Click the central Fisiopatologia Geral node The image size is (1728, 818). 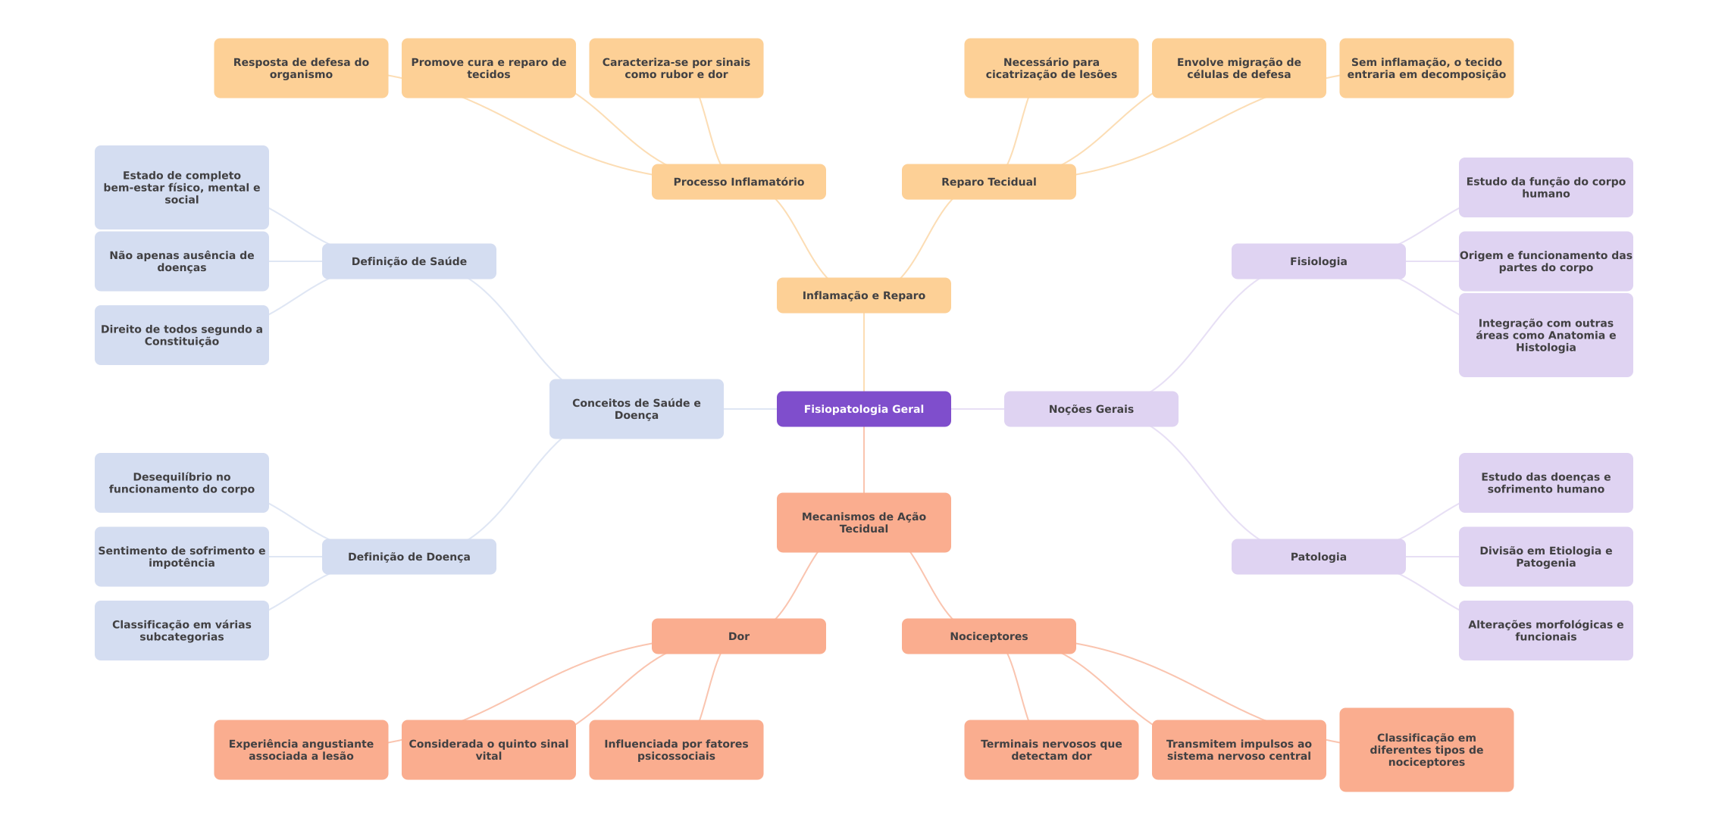pyautogui.click(x=863, y=409)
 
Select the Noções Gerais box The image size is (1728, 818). pyautogui.click(x=1091, y=409)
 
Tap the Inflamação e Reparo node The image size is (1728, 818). pyautogui.click(x=863, y=295)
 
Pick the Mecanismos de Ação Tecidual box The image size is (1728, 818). pyautogui.click(x=863, y=523)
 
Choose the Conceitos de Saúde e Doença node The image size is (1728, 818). pyautogui.click(x=636, y=409)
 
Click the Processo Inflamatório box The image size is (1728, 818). pyautogui.click(x=738, y=182)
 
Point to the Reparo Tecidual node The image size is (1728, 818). pyautogui.click(x=988, y=182)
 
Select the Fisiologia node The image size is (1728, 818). pyautogui.click(x=1318, y=261)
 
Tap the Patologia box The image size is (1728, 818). pyautogui.click(x=1318, y=557)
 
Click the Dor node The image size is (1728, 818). pyautogui.click(x=738, y=636)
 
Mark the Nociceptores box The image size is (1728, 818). pyautogui.click(x=988, y=636)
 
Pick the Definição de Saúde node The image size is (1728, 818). pyautogui.click(x=409, y=261)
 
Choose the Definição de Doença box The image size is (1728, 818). pyautogui.click(x=409, y=557)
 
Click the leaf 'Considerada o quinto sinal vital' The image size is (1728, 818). pyautogui.click(x=488, y=750)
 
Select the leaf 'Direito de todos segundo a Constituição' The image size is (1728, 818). pyautogui.click(x=181, y=335)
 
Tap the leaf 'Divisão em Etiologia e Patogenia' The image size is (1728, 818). pyautogui.click(x=1545, y=557)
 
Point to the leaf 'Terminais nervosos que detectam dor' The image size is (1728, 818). pyautogui.click(x=1050, y=750)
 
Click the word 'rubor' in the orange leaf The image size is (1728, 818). pyautogui.click(x=677, y=74)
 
